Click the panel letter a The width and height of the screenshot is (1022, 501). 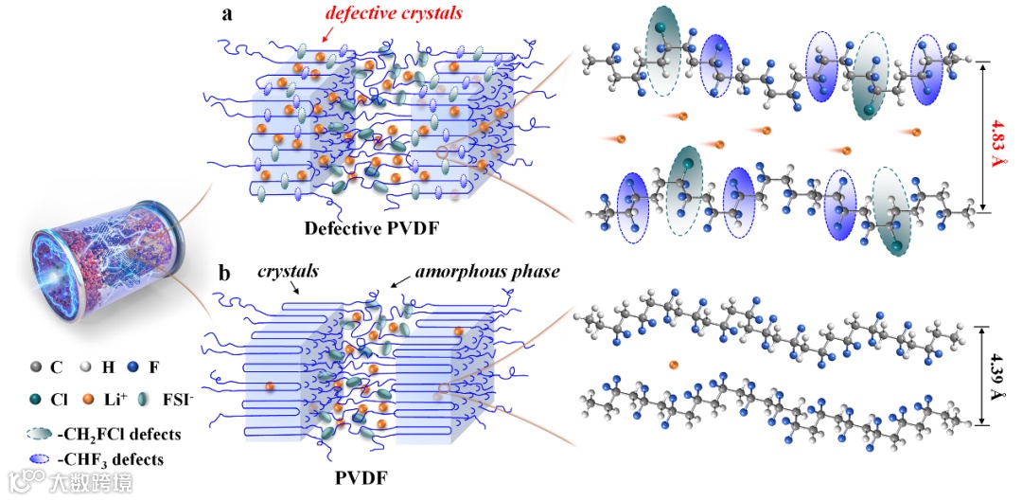pos(227,14)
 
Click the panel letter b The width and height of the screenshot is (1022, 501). pos(225,273)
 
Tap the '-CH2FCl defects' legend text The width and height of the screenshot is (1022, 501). pos(119,435)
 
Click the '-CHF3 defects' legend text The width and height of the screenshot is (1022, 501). pos(110,459)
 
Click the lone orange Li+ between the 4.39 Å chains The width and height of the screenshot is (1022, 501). pos(674,365)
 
